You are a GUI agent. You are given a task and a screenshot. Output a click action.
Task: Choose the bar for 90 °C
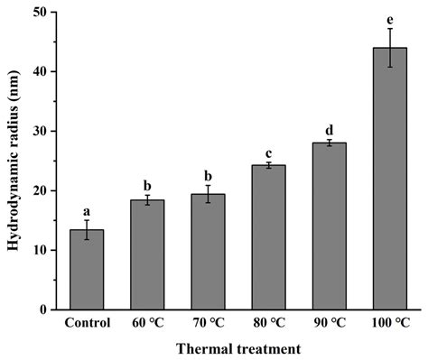click(x=329, y=226)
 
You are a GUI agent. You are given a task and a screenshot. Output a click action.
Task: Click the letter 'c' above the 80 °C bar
click(x=268, y=152)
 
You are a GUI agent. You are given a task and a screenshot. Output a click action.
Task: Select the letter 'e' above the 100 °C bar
click(x=389, y=18)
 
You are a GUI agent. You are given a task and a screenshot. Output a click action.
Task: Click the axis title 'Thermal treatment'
click(x=237, y=347)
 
